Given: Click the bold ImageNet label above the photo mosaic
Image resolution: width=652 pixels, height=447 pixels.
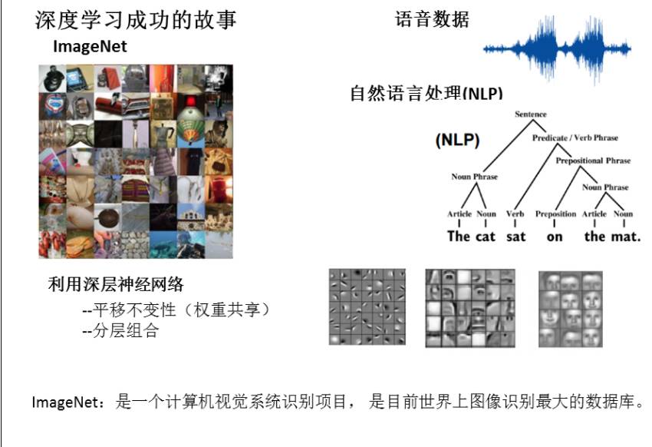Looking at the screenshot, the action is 90,48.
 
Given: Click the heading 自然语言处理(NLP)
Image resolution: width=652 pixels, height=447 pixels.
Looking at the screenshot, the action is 426,94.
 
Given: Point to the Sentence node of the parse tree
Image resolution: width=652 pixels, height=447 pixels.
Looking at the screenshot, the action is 531,114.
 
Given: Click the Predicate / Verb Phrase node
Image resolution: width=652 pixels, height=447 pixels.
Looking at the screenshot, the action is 575,138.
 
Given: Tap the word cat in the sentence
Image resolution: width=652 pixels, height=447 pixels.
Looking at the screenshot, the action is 486,237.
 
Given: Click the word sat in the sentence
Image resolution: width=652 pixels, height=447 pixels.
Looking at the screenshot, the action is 516,237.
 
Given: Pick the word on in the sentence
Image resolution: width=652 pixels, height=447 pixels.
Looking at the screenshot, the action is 555,237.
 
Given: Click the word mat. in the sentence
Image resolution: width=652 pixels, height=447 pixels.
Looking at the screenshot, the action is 626,237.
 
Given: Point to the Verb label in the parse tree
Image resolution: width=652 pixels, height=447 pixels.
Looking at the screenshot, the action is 515,214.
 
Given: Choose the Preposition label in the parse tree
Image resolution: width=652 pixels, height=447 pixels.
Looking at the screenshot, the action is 555,214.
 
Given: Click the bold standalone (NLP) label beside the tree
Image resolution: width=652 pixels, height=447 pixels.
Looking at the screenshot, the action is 457,141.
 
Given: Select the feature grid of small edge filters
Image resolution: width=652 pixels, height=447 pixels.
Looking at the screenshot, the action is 367,306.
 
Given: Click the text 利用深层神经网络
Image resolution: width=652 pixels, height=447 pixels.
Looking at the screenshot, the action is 116,285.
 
